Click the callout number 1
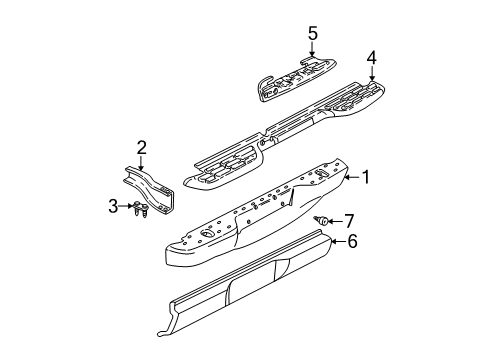pos(366,179)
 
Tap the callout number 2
pos(142,148)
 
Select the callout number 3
pos(113,206)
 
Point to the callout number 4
pos(371,57)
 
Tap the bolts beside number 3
pos(141,209)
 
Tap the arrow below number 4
pos(371,73)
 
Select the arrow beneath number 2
pos(142,162)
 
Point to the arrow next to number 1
pos(353,179)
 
